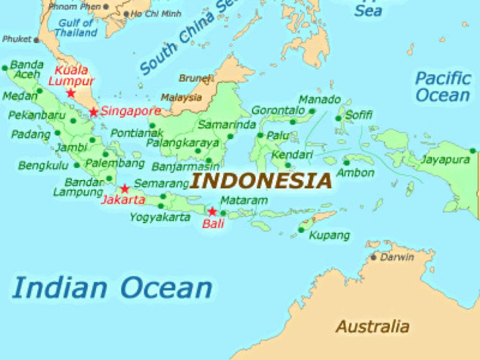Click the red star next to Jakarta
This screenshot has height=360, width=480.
125,188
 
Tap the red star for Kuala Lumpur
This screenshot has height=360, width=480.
70,93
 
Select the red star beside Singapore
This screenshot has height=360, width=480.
94,112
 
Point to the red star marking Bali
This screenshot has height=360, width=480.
212,211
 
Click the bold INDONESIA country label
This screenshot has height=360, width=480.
261,182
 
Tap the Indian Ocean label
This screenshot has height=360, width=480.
113,288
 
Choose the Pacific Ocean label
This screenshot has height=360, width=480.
442,86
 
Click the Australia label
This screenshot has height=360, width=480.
372,327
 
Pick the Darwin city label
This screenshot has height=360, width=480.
397,257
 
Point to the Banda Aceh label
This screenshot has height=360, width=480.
26,70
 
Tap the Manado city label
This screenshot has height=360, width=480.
314,100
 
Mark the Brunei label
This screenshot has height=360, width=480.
195,78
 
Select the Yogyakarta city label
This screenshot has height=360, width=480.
159,217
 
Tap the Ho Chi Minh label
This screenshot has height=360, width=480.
156,14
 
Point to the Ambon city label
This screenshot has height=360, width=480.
355,172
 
